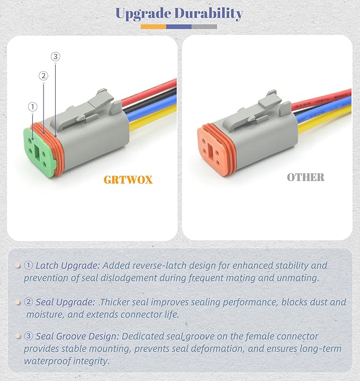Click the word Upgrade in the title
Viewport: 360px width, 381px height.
pos(144,14)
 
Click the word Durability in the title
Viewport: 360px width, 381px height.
pos(209,13)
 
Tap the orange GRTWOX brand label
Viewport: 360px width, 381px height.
pos(128,180)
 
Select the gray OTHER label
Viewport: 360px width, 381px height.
pos(305,177)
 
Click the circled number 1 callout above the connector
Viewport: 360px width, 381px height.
pos(32,107)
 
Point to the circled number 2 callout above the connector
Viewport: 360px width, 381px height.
pos(43,76)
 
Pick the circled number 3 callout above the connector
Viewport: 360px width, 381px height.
pos(55,56)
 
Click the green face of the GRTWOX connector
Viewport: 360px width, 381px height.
pos(38,153)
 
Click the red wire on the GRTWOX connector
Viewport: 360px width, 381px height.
pos(149,92)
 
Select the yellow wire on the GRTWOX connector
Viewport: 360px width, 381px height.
pos(153,117)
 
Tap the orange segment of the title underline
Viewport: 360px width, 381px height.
pos(153,27)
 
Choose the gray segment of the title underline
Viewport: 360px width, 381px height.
pos(204,27)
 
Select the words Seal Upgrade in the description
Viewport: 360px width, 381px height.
pos(65,302)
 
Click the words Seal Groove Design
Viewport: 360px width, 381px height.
pos(77,336)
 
